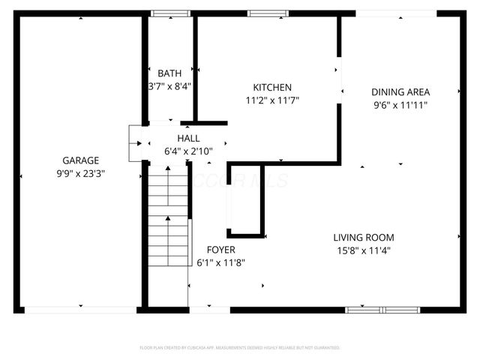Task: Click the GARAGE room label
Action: point(80,160)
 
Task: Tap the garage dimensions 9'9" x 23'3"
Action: point(80,172)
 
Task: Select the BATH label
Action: point(169,73)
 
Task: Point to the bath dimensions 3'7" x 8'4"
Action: point(169,86)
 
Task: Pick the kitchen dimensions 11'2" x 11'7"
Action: point(272,100)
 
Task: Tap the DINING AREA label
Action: point(400,92)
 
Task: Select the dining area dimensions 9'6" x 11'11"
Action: point(400,105)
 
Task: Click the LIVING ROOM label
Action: point(363,238)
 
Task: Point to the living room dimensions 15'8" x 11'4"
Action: point(363,250)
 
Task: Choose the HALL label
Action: point(188,139)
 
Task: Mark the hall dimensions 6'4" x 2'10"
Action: point(188,151)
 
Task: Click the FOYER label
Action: point(220,250)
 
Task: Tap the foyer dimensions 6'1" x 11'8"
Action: point(220,262)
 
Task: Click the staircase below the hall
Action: point(167,217)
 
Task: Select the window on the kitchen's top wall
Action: point(262,13)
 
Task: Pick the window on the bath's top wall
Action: point(170,13)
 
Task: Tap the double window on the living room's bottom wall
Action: point(382,309)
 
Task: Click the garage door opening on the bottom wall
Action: point(80,309)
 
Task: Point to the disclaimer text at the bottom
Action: point(240,348)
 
